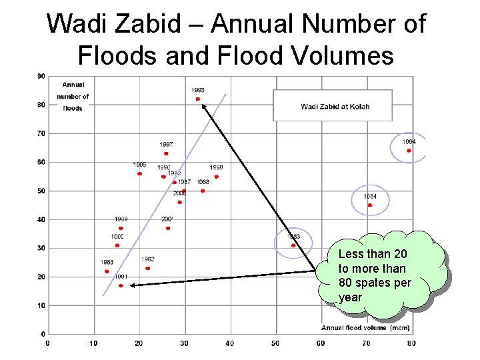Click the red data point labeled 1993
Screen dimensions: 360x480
[x=198, y=99]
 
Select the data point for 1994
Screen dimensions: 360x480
[x=409, y=151]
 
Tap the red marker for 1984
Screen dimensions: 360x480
[x=370, y=205]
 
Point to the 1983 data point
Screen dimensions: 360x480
[x=293, y=245]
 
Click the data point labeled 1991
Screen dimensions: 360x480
[x=121, y=285]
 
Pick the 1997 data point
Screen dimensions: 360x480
[x=166, y=153]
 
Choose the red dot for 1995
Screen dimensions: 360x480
[x=139, y=173]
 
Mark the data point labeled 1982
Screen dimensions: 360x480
[x=147, y=268]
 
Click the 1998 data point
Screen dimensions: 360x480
[x=216, y=177]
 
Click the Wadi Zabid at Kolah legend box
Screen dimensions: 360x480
[x=333, y=106]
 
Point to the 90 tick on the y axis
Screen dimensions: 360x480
[x=41, y=76]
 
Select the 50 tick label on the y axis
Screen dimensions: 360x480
[x=41, y=191]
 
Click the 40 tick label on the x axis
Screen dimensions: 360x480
[x=229, y=343]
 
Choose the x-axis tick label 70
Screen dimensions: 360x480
[x=366, y=343]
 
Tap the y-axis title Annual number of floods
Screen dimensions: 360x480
[x=75, y=97]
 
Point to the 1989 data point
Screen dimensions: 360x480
[x=121, y=228]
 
